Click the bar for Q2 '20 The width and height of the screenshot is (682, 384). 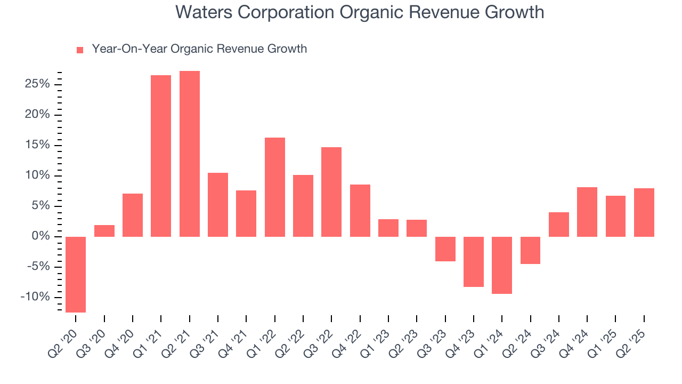point(76,274)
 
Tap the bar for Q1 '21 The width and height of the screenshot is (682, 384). point(161,156)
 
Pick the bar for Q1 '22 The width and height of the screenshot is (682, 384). point(275,187)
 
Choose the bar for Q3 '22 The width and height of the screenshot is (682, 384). point(331,191)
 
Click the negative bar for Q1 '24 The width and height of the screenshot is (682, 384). point(502,265)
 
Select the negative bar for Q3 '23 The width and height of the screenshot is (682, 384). point(445,249)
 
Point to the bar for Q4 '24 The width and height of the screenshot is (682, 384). point(587,212)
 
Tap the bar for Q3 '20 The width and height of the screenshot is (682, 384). point(104,231)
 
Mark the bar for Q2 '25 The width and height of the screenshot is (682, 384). point(644,212)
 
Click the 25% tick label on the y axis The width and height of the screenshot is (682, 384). point(37,84)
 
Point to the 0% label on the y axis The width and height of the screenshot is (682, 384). point(40,236)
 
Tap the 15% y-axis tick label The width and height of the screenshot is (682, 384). point(37,145)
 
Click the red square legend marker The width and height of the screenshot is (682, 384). point(80,50)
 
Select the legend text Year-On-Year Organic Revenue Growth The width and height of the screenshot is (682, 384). point(199,49)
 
